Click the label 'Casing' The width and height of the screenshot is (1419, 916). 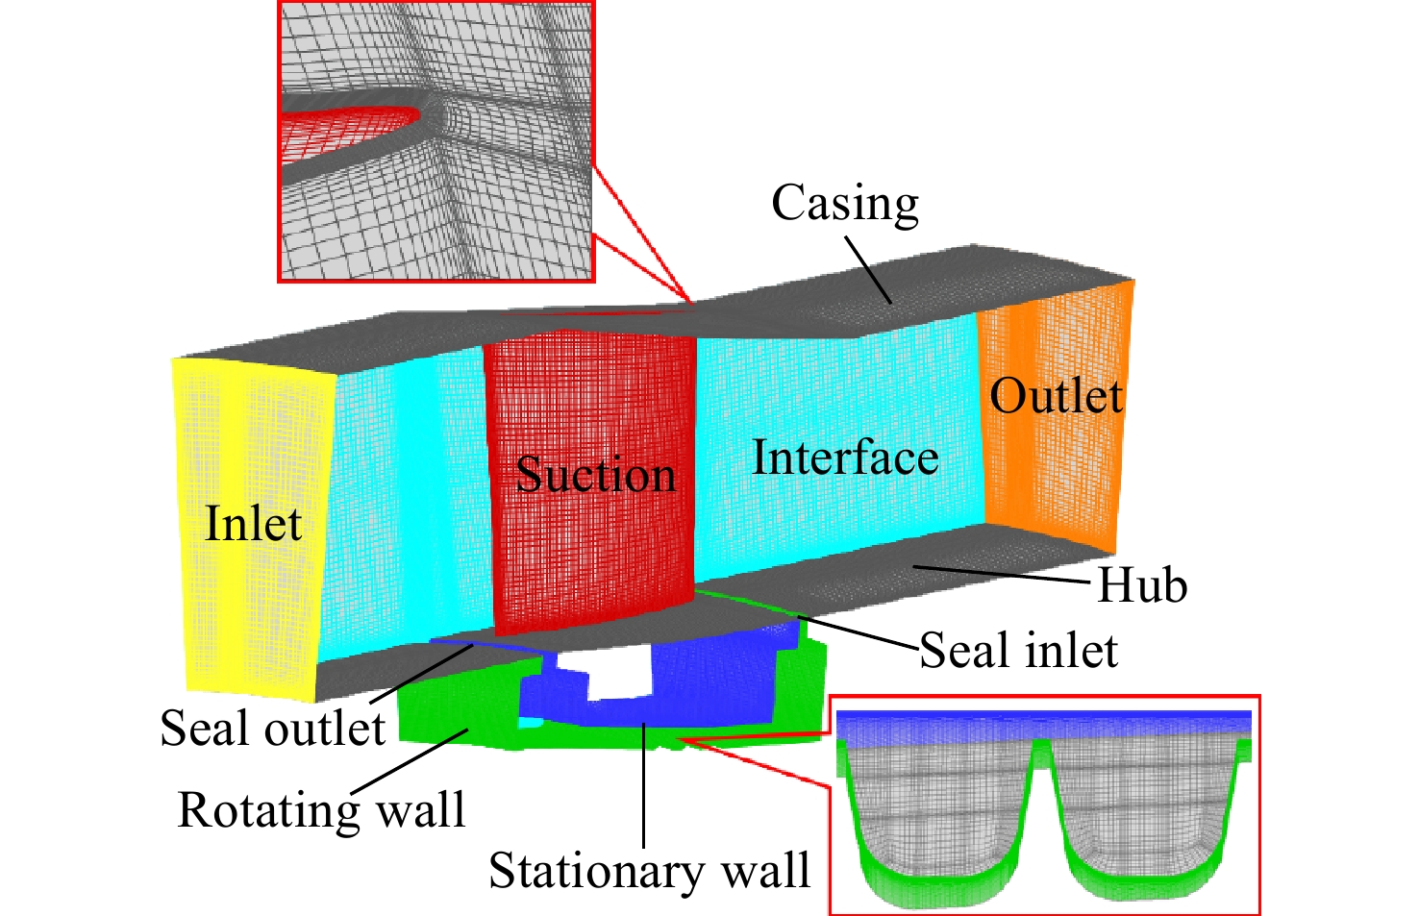pos(844,204)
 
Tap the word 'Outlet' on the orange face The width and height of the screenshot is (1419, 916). pos(1056,396)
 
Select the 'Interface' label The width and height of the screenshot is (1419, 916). pos(845,457)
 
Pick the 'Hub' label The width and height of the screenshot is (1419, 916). pos(1141,584)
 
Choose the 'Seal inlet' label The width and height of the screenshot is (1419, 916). pos(1018,650)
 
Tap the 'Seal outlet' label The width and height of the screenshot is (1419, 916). pos(272,728)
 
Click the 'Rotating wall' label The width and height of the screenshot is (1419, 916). pos(322,809)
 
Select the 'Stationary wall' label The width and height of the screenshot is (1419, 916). pos(649,870)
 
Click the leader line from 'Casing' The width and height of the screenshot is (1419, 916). pos(868,270)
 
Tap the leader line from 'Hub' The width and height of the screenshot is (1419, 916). pos(1002,574)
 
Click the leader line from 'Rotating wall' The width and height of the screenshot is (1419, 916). pos(410,761)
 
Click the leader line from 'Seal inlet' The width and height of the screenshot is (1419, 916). pos(858,631)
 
